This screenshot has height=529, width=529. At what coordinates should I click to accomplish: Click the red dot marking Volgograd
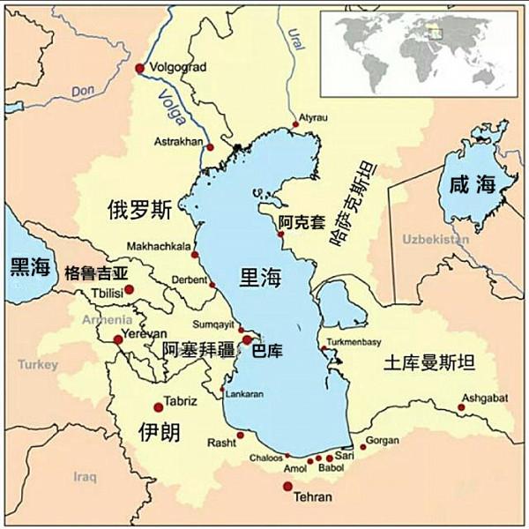[139, 68]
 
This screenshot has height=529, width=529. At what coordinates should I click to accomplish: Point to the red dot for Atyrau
[295, 125]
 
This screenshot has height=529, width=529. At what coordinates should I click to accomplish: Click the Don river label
[83, 91]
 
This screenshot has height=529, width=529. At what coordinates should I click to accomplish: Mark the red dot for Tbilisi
[129, 288]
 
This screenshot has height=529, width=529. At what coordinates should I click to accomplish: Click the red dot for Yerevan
[118, 339]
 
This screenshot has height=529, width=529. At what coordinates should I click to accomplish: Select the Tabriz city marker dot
[159, 406]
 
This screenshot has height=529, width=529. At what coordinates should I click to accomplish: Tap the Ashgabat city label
[484, 398]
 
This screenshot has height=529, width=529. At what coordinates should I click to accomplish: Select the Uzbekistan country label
[435, 240]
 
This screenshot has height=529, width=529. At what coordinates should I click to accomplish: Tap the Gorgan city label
[382, 438]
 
